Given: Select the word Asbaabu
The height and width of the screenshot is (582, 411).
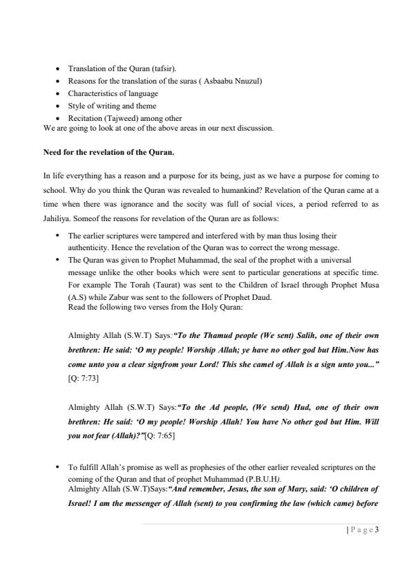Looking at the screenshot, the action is point(206,81).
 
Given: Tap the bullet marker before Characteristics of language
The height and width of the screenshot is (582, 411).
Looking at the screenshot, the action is point(57,93).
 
